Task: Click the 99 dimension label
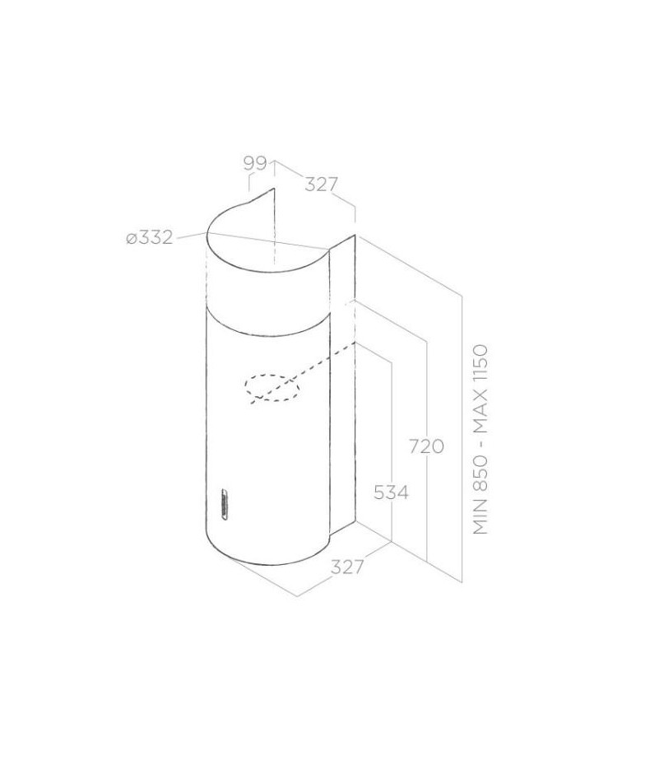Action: click(255, 164)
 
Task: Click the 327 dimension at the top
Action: click(322, 184)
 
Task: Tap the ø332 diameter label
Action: click(150, 238)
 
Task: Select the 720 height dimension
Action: click(427, 447)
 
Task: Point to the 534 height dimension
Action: click(391, 492)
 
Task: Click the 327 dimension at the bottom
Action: click(347, 567)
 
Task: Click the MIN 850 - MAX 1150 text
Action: click(480, 440)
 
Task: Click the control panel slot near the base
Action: click(224, 503)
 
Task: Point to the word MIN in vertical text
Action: click(480, 519)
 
